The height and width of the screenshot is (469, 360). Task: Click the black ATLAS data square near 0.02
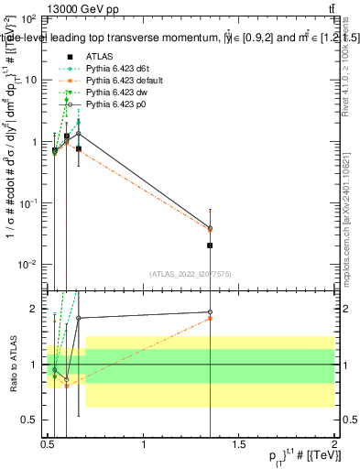point(210,245)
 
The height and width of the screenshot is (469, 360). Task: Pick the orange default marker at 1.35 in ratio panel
point(210,318)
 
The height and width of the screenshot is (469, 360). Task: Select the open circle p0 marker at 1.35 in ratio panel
point(210,312)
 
